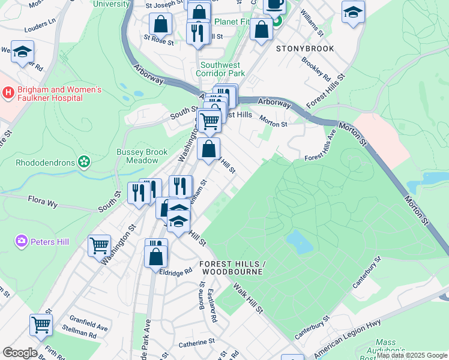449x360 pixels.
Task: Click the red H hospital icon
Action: click(8, 92)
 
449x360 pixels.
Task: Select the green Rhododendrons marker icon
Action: click(84, 161)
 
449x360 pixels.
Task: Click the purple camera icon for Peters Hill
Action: click(22, 241)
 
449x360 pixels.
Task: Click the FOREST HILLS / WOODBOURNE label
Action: click(232, 268)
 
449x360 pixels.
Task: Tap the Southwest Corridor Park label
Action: click(220, 69)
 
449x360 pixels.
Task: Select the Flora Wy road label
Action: click(43, 204)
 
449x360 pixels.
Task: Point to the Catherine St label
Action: click(196, 341)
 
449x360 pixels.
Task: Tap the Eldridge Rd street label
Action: click(175, 271)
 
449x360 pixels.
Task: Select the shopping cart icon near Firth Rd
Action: click(41, 325)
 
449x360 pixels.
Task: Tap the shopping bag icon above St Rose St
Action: click(161, 25)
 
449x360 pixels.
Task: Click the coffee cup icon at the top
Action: click(274, 5)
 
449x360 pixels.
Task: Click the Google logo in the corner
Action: click(19, 353)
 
